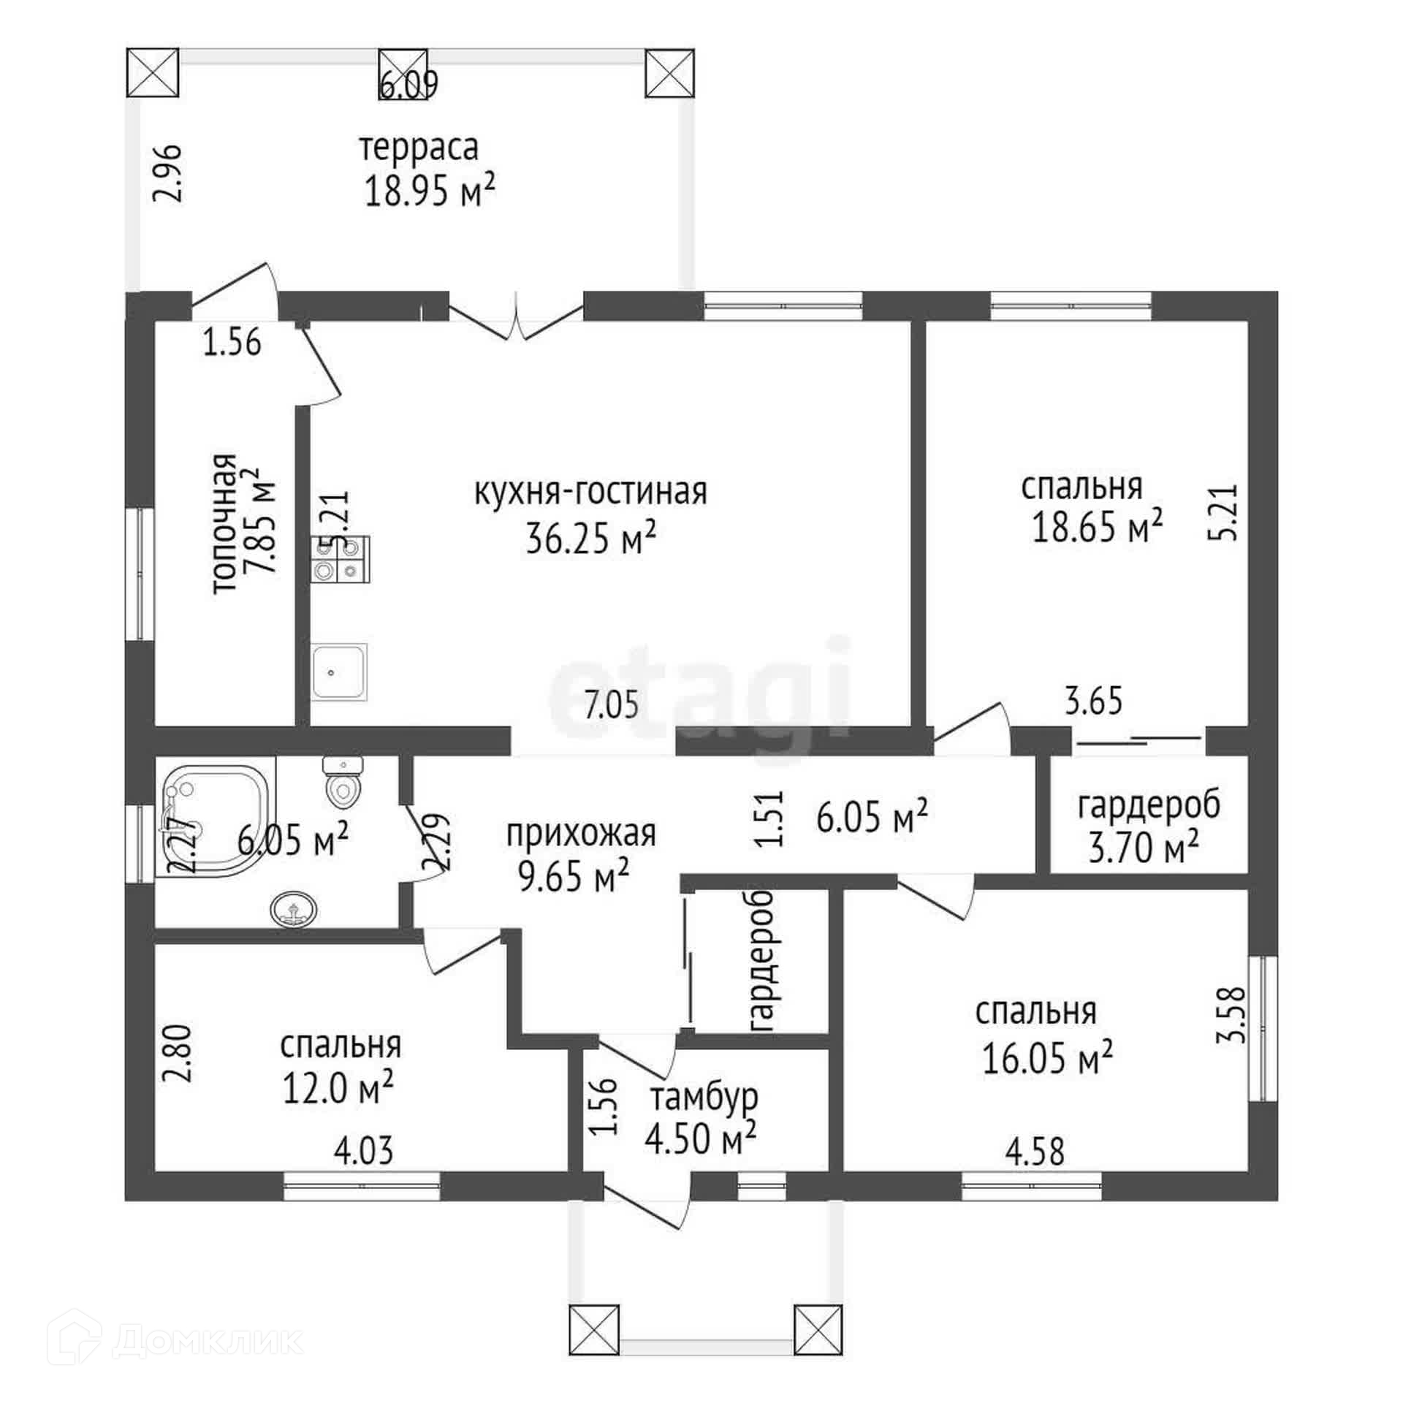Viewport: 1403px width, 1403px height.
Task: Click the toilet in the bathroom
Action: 341,781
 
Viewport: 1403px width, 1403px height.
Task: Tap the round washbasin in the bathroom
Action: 294,910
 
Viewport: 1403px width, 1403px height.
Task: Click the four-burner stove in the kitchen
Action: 341,559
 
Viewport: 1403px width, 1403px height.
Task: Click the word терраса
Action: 419,148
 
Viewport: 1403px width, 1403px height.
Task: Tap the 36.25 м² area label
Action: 590,539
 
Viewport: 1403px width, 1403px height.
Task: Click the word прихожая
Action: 581,833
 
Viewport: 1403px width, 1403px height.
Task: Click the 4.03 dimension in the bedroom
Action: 363,1150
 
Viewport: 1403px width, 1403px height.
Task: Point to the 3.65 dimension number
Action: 1093,701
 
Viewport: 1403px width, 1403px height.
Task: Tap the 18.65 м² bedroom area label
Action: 1096,526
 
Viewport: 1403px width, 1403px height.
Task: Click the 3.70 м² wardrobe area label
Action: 1143,849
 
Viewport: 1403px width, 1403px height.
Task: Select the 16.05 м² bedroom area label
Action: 1046,1058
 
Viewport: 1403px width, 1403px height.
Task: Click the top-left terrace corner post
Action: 153,72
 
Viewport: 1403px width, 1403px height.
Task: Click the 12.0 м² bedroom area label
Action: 338,1089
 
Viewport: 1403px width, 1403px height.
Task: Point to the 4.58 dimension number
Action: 1035,1152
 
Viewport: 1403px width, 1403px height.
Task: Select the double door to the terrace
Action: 516,318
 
